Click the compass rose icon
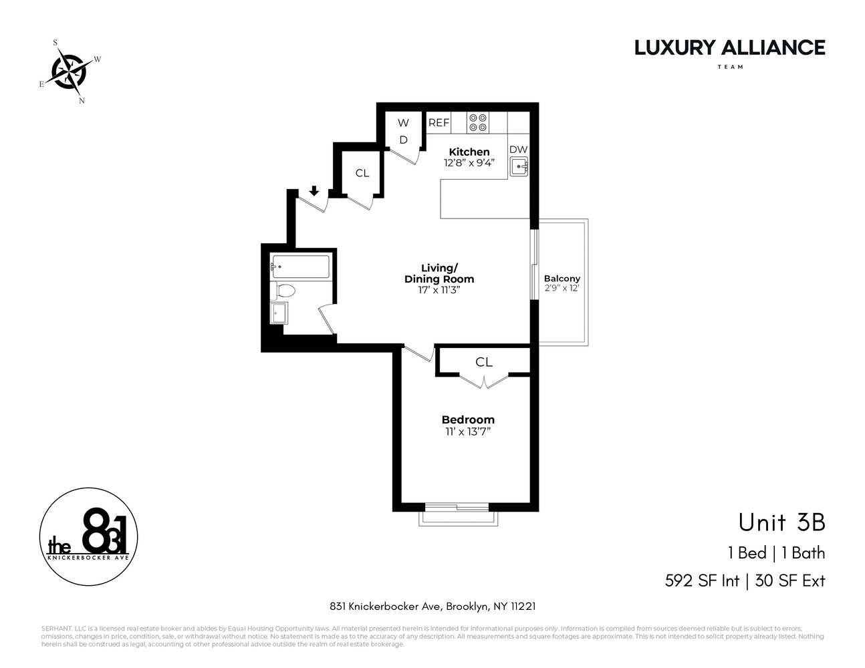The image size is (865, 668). point(69,69)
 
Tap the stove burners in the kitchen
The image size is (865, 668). point(478,122)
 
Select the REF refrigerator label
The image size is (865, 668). point(439,123)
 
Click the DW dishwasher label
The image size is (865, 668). point(519,150)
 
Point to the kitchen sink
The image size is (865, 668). point(519,167)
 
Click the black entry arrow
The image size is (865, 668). point(314,192)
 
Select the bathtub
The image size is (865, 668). point(300,267)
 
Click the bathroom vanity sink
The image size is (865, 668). point(279,313)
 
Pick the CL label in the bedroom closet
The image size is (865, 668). point(484,362)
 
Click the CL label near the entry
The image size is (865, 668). point(362,173)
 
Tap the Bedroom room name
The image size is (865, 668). point(468,420)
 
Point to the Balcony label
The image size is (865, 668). point(562,279)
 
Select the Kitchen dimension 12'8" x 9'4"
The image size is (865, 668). point(469,162)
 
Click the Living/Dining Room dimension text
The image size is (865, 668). point(439,290)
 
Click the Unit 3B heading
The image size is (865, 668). point(781,522)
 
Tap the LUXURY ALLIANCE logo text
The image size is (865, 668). point(729,47)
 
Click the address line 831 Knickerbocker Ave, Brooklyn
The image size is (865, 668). point(432,607)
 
